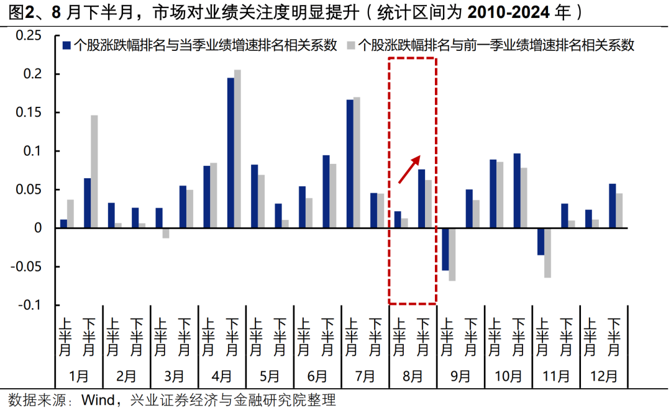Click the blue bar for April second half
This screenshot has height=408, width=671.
pos(231,153)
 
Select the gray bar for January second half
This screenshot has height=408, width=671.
pos(94,171)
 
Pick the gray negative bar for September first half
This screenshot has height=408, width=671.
pos(452,254)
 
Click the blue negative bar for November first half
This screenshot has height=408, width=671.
pos(541,242)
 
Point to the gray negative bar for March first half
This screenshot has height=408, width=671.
pos(166,233)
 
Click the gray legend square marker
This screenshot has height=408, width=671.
pos(350,45)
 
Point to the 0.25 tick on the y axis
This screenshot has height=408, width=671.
pos(27,36)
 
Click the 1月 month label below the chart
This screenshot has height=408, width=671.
pos(79,376)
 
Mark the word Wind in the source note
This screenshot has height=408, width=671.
pos(97,399)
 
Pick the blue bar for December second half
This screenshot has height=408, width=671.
pos(613,206)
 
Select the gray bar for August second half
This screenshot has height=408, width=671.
pos(429,204)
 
